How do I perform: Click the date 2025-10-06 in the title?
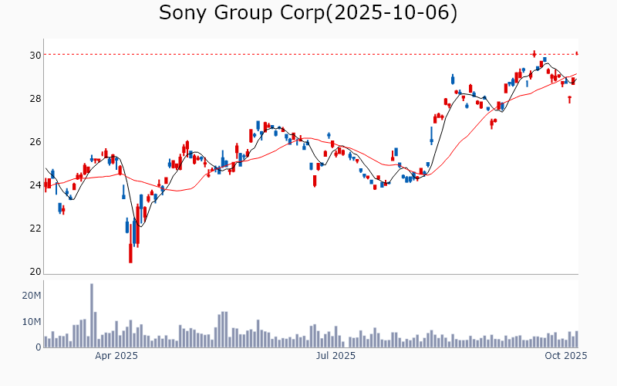click(x=392, y=13)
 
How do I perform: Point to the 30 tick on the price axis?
click(x=35, y=56)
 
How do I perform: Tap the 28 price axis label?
click(x=35, y=99)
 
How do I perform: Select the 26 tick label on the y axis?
click(x=35, y=142)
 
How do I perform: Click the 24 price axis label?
click(x=35, y=185)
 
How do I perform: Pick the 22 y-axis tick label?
click(x=35, y=229)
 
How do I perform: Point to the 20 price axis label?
click(x=35, y=272)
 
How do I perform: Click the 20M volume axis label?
click(x=31, y=296)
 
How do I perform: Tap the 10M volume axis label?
click(x=31, y=322)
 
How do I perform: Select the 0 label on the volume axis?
click(x=37, y=347)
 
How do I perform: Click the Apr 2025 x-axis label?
click(x=116, y=356)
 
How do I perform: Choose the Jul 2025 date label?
click(x=335, y=356)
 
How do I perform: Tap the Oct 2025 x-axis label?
click(x=567, y=356)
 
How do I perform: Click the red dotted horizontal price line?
click(x=308, y=54)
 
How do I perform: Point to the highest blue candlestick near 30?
click(x=545, y=59)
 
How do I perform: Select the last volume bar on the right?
click(x=576, y=339)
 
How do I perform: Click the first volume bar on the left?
click(x=46, y=342)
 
